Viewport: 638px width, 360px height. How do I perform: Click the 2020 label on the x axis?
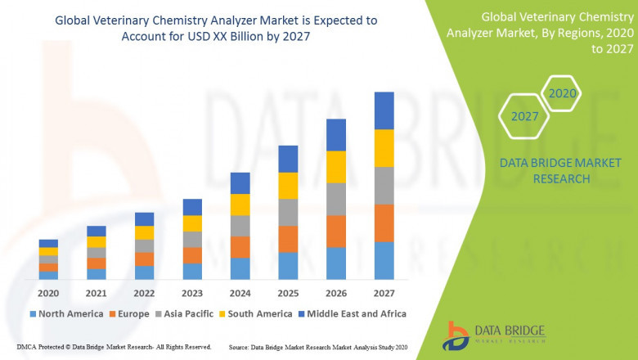(x=48, y=292)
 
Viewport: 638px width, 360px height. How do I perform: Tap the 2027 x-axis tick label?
(x=384, y=292)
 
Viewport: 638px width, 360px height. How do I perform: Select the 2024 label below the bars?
(x=240, y=292)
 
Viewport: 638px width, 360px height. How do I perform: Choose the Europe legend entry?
(x=130, y=313)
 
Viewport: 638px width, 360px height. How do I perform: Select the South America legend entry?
(x=256, y=313)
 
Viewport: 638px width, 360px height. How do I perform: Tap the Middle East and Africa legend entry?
(x=354, y=313)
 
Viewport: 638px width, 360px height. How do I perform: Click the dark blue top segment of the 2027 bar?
(x=384, y=110)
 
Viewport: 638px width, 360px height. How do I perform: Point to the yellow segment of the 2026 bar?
(x=335, y=167)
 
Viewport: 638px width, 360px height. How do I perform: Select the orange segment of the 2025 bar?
(x=288, y=239)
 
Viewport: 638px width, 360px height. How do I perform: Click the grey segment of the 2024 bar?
(x=240, y=226)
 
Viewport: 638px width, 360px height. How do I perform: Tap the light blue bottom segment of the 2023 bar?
(x=192, y=271)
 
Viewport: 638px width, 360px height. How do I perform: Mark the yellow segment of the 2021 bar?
(x=97, y=242)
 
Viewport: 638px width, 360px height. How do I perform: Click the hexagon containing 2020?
(x=562, y=94)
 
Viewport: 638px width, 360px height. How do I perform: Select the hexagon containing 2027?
(x=524, y=116)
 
